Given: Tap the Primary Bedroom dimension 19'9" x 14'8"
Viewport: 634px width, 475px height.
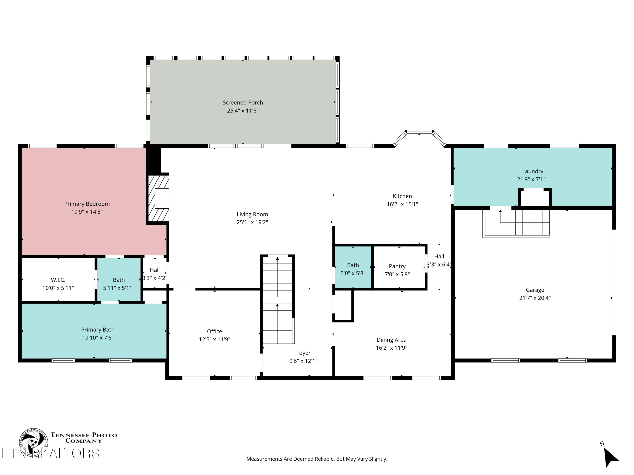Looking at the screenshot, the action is (87, 212).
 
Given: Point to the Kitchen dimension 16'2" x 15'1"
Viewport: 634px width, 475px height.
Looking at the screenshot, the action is (402, 204).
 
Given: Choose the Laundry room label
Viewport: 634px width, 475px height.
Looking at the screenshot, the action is (533, 171).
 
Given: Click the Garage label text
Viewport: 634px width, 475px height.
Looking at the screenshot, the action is (535, 290).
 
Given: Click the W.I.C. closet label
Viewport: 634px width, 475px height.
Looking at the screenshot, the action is (58, 280).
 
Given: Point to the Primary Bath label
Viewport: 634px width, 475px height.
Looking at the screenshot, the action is (98, 330).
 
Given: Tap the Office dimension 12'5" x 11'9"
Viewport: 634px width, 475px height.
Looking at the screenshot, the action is (214, 339).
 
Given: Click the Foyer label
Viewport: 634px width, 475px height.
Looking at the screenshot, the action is (303, 353).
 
